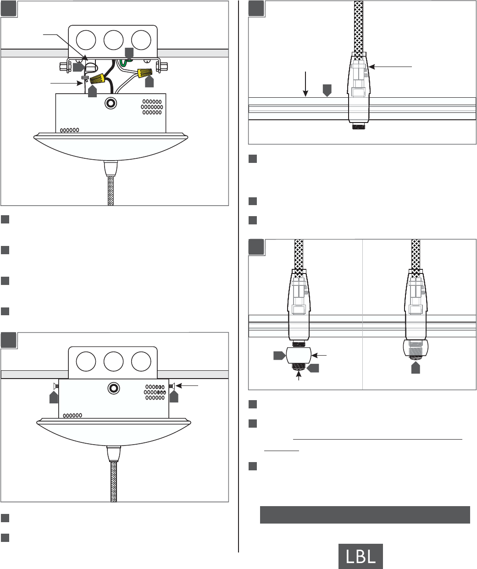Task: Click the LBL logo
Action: [x=361, y=556]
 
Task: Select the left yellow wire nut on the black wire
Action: [x=98, y=78]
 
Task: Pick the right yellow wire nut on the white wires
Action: [x=144, y=73]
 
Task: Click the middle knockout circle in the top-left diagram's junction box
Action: [x=113, y=40]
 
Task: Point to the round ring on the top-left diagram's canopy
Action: [x=111, y=103]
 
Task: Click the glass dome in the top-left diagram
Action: [x=111, y=146]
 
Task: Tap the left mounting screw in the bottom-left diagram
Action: [x=56, y=386]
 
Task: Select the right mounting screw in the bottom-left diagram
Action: [x=172, y=386]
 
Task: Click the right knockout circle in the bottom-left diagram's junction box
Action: [x=141, y=362]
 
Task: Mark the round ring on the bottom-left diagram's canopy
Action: [x=114, y=388]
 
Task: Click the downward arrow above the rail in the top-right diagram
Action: [x=305, y=84]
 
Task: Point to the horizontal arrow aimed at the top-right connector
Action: [x=390, y=67]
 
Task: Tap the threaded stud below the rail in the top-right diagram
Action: [x=359, y=126]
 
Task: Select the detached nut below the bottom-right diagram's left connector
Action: [x=299, y=355]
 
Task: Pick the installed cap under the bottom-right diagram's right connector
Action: [x=416, y=348]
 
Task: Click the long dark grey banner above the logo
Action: [x=365, y=515]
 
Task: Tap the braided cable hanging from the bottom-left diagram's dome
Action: [x=114, y=482]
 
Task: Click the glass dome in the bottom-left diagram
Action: [x=114, y=432]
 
